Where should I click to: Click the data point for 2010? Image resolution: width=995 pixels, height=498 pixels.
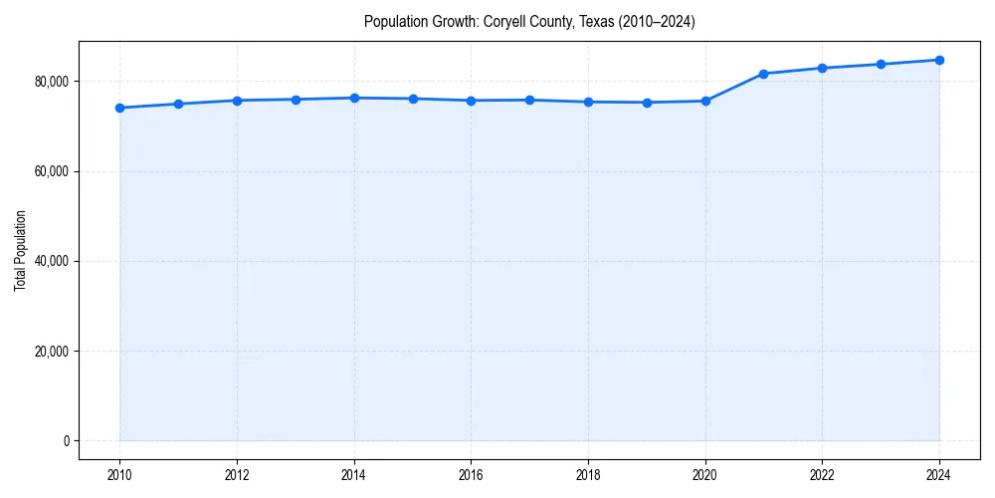click(119, 108)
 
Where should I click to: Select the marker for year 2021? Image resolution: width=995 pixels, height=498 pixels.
click(763, 74)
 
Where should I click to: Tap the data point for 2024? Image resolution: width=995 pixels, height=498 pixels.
click(939, 60)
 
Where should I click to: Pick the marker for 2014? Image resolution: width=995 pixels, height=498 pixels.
click(354, 98)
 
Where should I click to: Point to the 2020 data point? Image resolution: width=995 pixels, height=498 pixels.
click(705, 101)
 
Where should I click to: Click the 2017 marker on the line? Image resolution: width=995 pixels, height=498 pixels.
click(529, 100)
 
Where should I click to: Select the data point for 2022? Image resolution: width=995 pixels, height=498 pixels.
click(822, 68)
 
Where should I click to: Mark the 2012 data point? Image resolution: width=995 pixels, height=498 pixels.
click(237, 101)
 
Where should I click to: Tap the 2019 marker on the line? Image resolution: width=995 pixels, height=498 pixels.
click(647, 103)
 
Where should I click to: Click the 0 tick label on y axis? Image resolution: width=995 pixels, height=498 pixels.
click(66, 441)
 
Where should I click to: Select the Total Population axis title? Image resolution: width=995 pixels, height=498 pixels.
click(20, 261)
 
